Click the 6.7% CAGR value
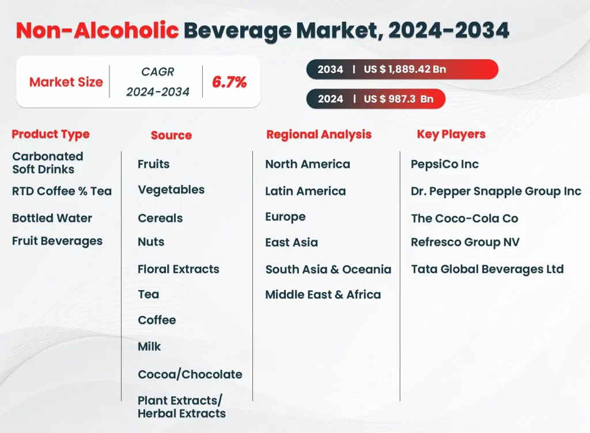point(229,82)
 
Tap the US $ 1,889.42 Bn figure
point(404,69)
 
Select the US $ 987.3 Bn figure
point(398,98)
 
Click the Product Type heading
point(51,134)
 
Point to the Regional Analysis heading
point(319,135)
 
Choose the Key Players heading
point(451,134)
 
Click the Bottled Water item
point(52,218)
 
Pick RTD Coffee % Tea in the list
point(62,191)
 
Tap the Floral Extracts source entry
point(178,269)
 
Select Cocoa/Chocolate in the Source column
point(190,374)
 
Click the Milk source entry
point(149,347)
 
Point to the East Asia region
point(291,242)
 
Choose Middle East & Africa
point(323,295)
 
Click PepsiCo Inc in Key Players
point(444,164)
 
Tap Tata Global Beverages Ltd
point(487,269)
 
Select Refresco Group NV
point(465,242)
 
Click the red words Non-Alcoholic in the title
point(97,31)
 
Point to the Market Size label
point(66,82)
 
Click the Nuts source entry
point(151,242)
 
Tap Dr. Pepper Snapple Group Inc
point(496,191)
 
